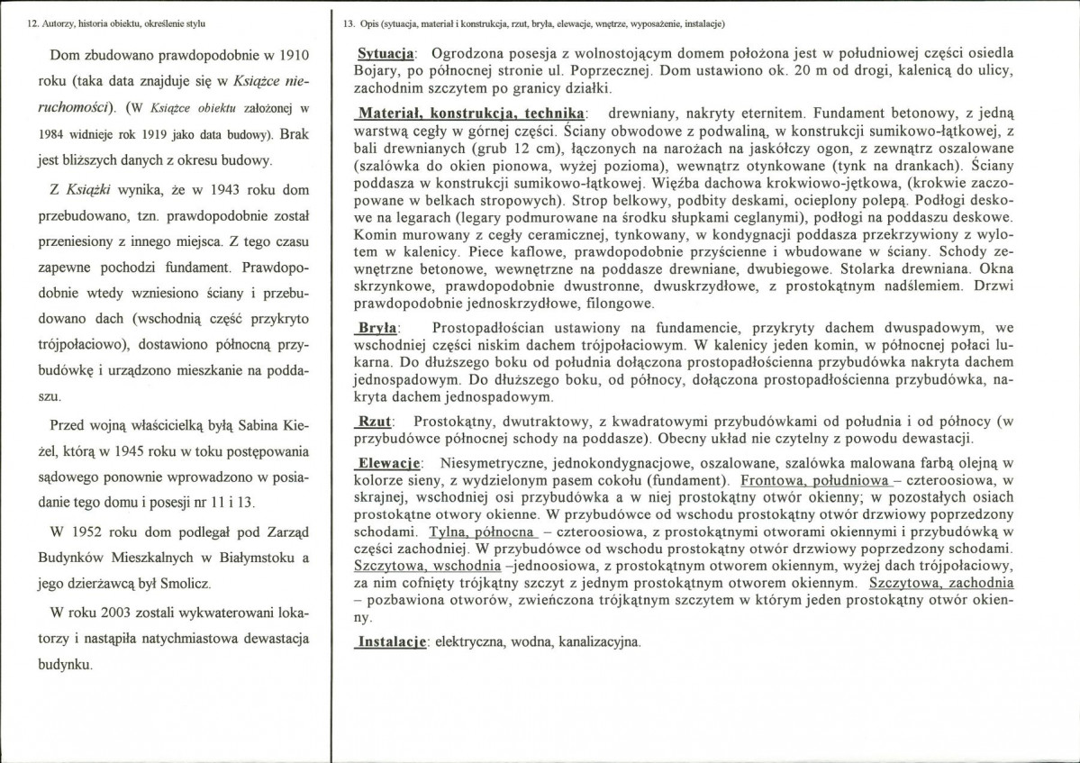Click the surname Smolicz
tap(180, 585)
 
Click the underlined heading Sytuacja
tap(386, 55)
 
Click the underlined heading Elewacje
tap(389, 462)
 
